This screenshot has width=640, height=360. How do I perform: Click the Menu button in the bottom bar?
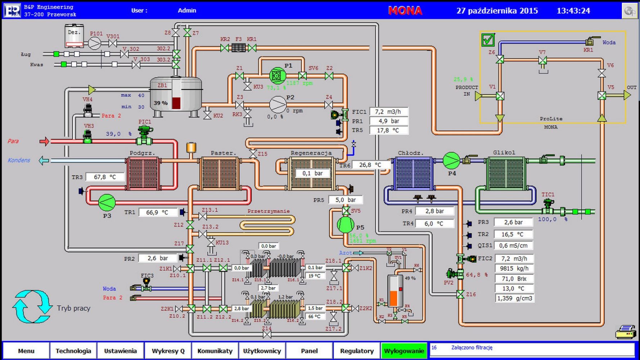coord(26,351)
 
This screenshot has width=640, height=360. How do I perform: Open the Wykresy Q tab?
coord(168,351)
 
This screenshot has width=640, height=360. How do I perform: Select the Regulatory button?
coord(357,351)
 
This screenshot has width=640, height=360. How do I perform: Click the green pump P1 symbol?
coord(278,76)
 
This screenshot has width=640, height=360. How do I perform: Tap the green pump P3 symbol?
coord(107,202)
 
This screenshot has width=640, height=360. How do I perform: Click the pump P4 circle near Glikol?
coord(451,161)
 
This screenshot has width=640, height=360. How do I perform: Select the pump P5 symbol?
coord(345,225)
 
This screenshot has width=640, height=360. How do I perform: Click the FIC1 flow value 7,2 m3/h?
coord(389,112)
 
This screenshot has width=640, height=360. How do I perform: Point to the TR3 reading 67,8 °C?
coord(105,177)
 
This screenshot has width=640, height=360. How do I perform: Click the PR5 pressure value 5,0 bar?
coord(346,200)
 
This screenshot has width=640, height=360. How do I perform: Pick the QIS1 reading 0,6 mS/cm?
coord(513,246)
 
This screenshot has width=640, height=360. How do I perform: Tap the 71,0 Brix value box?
coord(514,279)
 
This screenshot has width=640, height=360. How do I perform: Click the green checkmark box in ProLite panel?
coord(488,40)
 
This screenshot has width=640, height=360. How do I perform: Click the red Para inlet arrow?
coord(44,141)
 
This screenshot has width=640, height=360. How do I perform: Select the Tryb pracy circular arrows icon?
coord(32,307)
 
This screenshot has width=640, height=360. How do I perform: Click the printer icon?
coord(626,332)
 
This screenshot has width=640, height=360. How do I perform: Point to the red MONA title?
coord(405,11)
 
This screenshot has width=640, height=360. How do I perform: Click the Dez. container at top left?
coord(74,36)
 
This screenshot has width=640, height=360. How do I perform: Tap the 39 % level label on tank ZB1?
coord(161,103)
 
